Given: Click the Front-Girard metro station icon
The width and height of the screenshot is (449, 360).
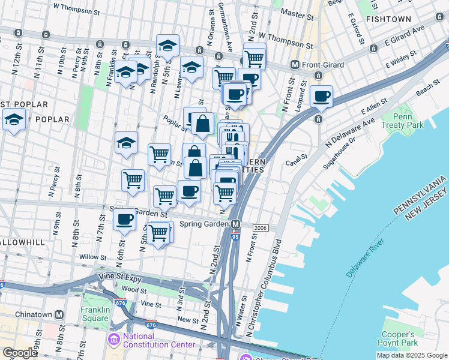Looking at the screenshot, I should (295, 65).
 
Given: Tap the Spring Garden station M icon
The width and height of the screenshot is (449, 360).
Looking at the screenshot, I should (236, 224).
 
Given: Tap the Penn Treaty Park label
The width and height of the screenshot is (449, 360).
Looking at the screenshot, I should (408, 120).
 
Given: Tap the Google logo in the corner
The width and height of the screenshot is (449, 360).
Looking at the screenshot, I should (20, 353).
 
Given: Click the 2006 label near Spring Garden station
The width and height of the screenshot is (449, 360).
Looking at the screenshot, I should (260, 228).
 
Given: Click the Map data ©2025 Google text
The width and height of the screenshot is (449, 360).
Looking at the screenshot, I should (411, 355).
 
